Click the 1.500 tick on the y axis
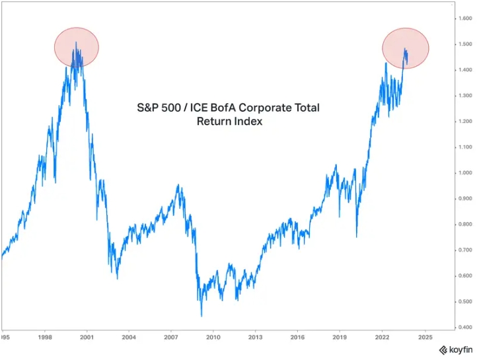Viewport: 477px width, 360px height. (x=464, y=44)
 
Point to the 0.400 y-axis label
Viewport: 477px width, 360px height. (x=464, y=328)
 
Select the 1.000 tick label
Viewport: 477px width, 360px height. (x=464, y=173)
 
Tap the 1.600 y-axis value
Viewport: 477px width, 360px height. (x=464, y=18)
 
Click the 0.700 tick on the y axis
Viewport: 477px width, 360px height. (x=464, y=250)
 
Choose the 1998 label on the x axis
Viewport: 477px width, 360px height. (x=45, y=337)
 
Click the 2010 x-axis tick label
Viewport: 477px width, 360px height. (x=213, y=337)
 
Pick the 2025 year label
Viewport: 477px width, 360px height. (x=425, y=337)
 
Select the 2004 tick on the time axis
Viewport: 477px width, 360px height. (x=129, y=337)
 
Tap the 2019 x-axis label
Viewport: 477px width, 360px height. (x=340, y=337)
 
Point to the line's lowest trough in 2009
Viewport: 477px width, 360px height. (x=201, y=316)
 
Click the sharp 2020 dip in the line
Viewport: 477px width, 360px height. (x=356, y=236)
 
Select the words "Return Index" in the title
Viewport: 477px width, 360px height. (x=225, y=122)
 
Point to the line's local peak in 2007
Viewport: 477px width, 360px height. (x=178, y=186)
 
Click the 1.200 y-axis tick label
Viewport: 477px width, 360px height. (x=464, y=122)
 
